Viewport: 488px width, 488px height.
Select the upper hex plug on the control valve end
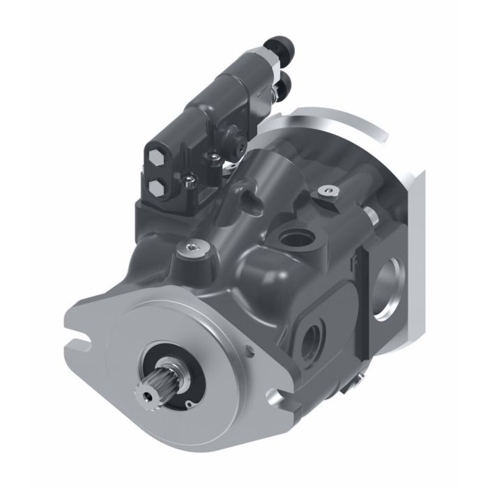coord(158,158)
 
